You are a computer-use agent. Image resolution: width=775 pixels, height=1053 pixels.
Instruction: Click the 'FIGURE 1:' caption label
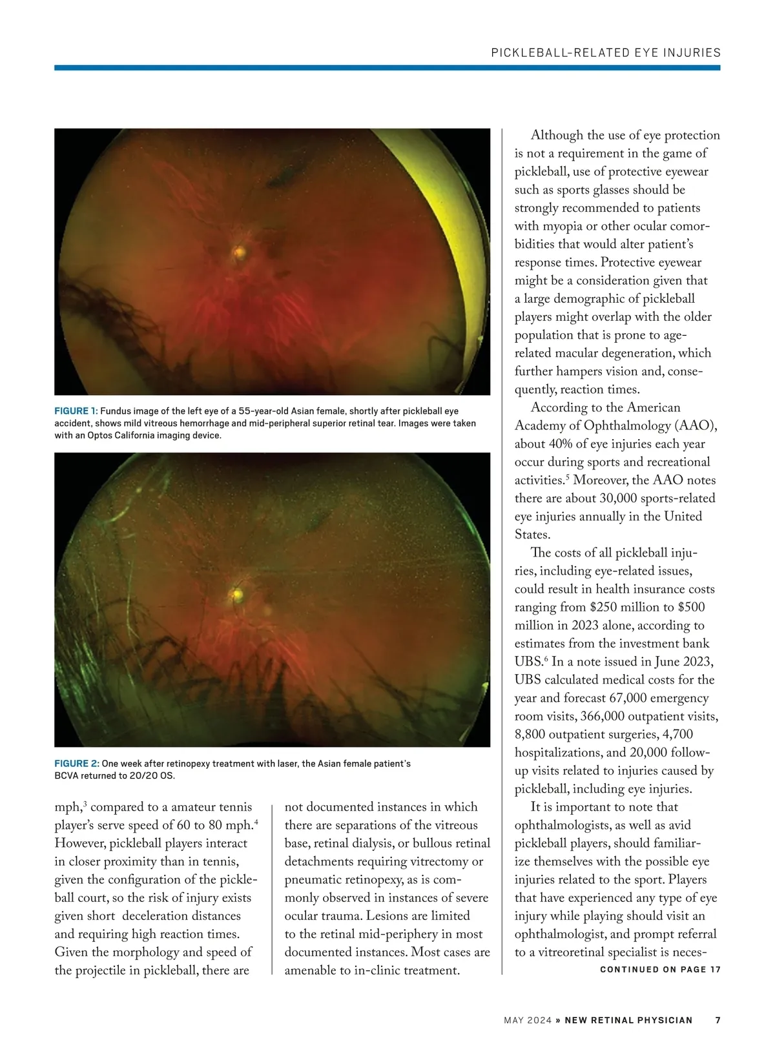(x=76, y=411)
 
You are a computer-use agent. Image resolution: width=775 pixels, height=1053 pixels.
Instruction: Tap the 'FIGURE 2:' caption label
(x=76, y=764)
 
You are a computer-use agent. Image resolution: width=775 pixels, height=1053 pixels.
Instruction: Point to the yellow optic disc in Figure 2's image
(x=237, y=592)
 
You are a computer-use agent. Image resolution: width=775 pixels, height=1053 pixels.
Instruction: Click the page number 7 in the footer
(x=718, y=1021)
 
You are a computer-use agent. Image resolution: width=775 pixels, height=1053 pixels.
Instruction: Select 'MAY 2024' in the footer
(x=527, y=1021)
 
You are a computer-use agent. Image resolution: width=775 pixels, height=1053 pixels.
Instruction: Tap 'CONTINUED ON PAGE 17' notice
(x=660, y=970)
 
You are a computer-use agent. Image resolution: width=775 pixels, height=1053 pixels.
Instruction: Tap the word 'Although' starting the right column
(x=556, y=136)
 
